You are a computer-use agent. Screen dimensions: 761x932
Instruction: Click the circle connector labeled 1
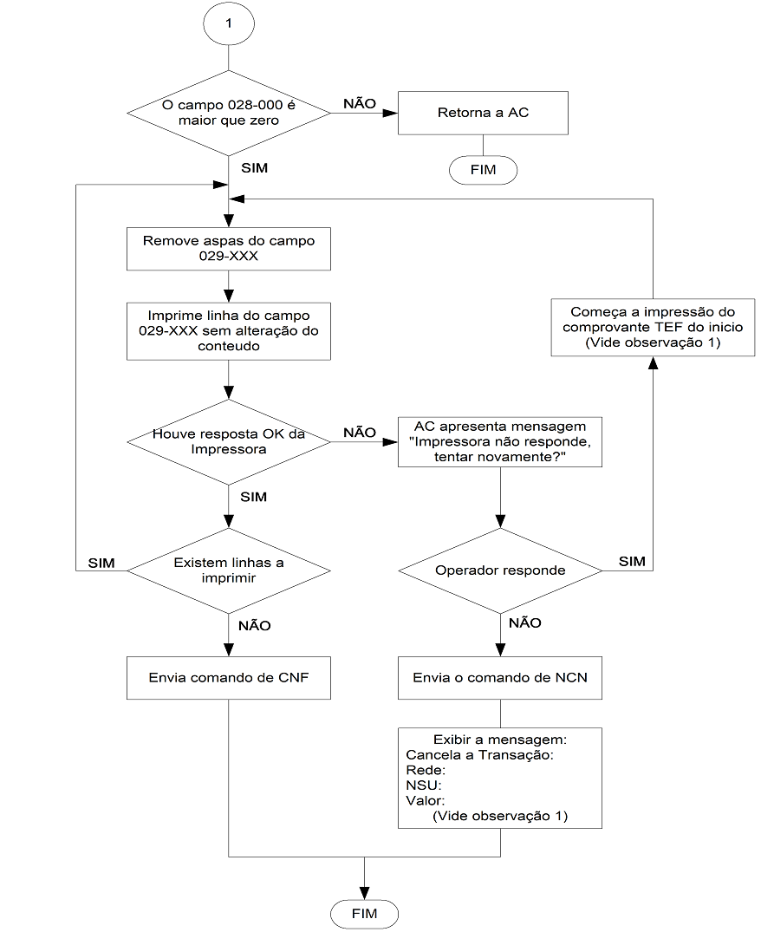(x=229, y=23)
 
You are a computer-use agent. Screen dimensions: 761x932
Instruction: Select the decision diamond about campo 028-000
(x=229, y=113)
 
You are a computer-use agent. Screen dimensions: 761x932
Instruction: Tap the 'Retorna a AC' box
(x=483, y=113)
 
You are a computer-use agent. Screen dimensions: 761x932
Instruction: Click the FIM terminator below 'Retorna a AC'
(x=483, y=170)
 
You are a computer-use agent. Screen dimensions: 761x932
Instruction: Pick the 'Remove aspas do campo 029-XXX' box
(x=229, y=249)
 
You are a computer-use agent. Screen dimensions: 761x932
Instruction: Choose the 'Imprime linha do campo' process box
(x=229, y=331)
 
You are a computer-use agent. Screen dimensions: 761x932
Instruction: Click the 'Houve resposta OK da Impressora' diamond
(x=229, y=441)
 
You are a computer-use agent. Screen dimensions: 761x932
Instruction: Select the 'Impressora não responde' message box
(x=499, y=441)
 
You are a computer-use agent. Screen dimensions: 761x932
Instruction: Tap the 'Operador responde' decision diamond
(x=500, y=570)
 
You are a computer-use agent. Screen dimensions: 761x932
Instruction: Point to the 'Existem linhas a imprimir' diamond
(x=229, y=570)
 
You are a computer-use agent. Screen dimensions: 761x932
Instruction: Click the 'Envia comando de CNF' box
(x=229, y=678)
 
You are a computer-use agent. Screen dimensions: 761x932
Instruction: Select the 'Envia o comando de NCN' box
(x=499, y=678)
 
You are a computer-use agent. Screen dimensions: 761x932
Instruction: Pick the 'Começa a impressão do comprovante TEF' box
(x=653, y=328)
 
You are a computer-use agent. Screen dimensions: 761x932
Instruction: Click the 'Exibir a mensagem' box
(x=499, y=778)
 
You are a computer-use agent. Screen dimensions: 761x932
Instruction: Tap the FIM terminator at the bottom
(x=364, y=914)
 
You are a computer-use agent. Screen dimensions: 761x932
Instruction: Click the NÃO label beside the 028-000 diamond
(x=360, y=103)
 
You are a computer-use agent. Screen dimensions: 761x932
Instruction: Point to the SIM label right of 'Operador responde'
(x=632, y=561)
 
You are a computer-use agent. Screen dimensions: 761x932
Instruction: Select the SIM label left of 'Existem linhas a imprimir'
(x=101, y=563)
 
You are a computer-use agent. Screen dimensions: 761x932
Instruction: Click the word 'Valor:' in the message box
(x=426, y=800)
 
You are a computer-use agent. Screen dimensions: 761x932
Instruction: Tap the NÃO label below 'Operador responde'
(x=525, y=622)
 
